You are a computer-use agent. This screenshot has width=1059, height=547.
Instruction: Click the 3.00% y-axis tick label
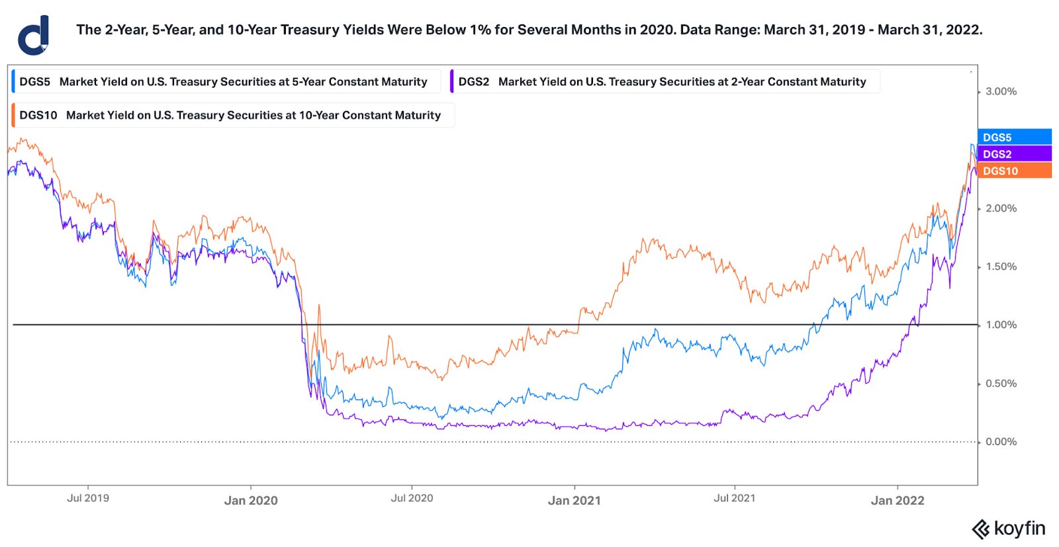point(1001,91)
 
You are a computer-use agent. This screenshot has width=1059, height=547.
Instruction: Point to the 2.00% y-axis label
point(1001,208)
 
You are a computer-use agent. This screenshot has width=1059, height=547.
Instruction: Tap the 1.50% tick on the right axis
point(1001,267)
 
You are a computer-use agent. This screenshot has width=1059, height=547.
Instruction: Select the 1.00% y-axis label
point(1001,325)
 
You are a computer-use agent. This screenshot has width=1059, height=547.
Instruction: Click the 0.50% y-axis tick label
point(1001,384)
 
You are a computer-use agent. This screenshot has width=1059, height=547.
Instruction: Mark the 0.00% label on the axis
point(1001,442)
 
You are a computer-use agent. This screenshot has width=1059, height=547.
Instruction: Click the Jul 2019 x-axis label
point(88,498)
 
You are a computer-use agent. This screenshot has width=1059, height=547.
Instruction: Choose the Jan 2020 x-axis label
point(251,501)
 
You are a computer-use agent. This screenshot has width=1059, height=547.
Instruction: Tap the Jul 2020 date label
point(412,498)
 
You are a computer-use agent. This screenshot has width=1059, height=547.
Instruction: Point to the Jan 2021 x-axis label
point(575,501)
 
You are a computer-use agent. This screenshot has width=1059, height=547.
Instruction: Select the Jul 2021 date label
point(734,498)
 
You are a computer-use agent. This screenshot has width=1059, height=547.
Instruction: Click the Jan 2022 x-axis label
point(897,501)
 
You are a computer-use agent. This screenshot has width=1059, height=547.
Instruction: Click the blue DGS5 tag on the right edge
point(1014,138)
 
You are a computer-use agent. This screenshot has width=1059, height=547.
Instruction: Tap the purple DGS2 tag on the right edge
point(1014,154)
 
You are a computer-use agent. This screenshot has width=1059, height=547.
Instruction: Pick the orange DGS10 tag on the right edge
point(1014,171)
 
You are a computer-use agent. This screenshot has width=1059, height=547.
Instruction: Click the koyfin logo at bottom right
point(1009,528)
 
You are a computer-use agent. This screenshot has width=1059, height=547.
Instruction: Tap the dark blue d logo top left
point(34,35)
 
